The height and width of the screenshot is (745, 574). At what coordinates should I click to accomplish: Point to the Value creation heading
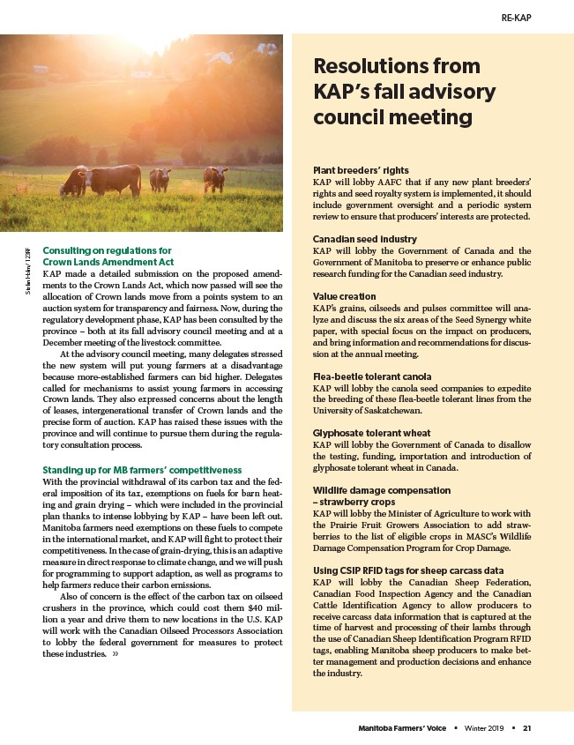345,296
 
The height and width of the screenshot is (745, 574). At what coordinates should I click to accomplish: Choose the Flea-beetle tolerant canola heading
371,376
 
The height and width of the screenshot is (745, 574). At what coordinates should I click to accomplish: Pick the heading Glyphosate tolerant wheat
370,434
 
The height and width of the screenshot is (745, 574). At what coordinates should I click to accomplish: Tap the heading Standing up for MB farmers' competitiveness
142,470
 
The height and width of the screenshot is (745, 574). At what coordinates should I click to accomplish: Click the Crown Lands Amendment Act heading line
108,263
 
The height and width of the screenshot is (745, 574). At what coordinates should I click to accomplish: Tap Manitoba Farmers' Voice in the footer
399,728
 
